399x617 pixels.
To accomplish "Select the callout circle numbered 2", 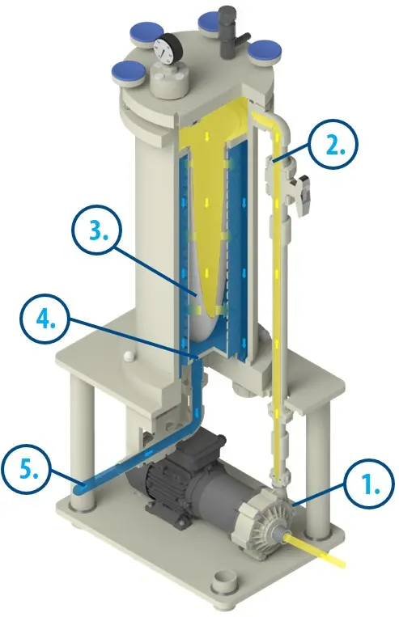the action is (333, 144).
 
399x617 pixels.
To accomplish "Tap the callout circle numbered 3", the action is (97, 230).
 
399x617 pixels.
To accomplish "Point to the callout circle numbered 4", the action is (45, 319).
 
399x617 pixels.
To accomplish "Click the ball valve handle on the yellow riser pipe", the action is (302, 193).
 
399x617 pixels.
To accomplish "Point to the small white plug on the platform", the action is (129, 357).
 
